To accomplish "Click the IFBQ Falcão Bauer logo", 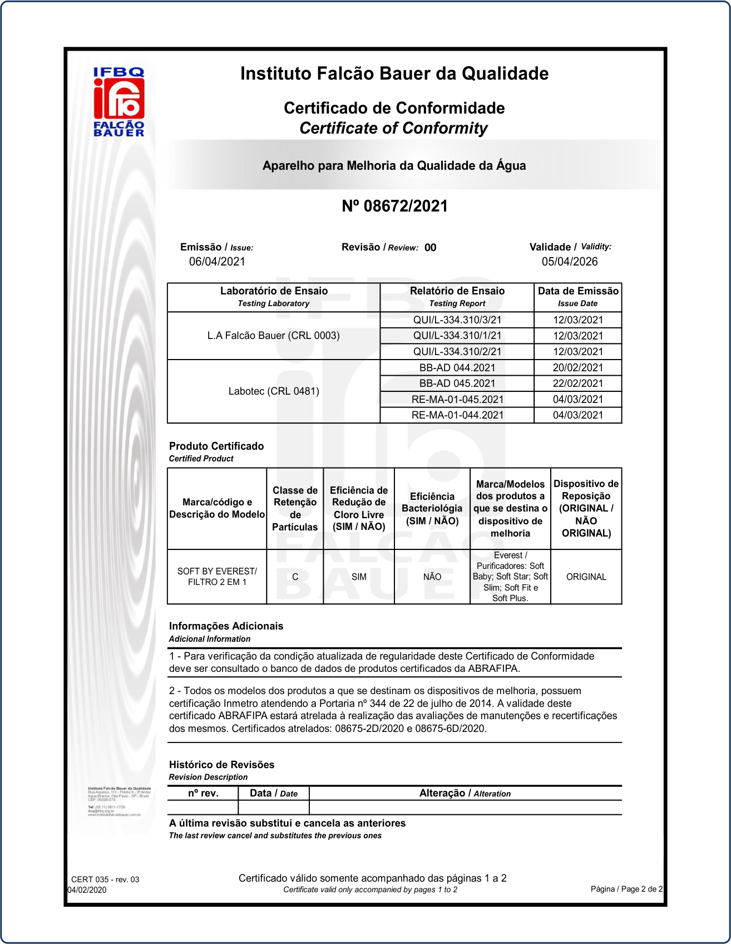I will (119, 102).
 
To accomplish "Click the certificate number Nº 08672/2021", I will (394, 206).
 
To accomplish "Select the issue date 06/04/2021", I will (217, 262).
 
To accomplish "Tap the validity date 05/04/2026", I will (570, 262).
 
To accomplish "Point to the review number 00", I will (430, 248).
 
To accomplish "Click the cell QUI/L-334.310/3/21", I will (457, 320).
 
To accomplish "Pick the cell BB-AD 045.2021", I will (457, 383).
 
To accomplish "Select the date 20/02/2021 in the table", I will (577, 368).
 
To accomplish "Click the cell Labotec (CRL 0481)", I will (274, 391).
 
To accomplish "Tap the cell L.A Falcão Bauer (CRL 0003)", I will (273, 336).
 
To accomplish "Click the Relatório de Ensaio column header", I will (457, 296).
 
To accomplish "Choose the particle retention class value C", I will (295, 577).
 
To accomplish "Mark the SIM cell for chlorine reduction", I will (359, 577).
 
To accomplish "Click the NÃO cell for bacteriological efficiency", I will (432, 577).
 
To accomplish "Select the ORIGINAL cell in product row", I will (586, 577).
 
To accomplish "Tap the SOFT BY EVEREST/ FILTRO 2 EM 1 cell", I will (217, 577).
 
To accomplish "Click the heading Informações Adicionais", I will (226, 626).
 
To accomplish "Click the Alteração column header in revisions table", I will (465, 793).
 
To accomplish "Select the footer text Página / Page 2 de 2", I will (626, 889).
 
